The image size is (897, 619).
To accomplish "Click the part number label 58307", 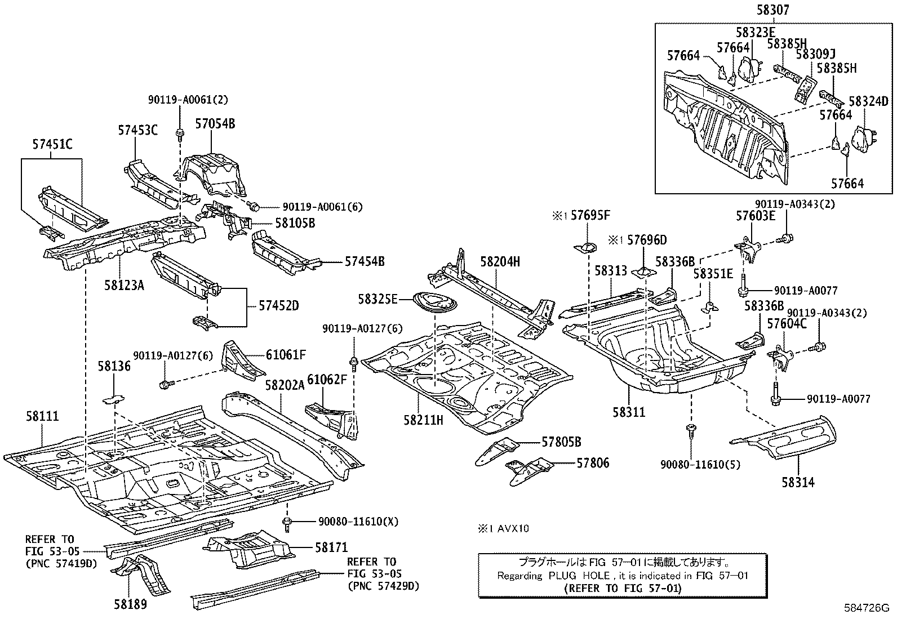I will coord(773,10).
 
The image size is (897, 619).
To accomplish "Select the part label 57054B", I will coord(215,123).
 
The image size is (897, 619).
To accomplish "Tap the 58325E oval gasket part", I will coord(435,302).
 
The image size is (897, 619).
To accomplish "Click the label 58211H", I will coord(423,419).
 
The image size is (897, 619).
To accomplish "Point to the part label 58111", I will coord(42,417).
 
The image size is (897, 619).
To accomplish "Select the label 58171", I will coord(331,547).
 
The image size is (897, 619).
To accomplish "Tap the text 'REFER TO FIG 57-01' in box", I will coord(622,589).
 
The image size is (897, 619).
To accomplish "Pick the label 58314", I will coord(797,482).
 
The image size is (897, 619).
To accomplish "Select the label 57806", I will coord(592,463).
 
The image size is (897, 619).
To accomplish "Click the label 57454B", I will coord(365,261).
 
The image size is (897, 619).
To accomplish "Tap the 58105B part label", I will coord(295,223).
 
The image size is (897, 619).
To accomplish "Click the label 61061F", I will coord(286,354).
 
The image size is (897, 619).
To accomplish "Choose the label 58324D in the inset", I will coord(868,101).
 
